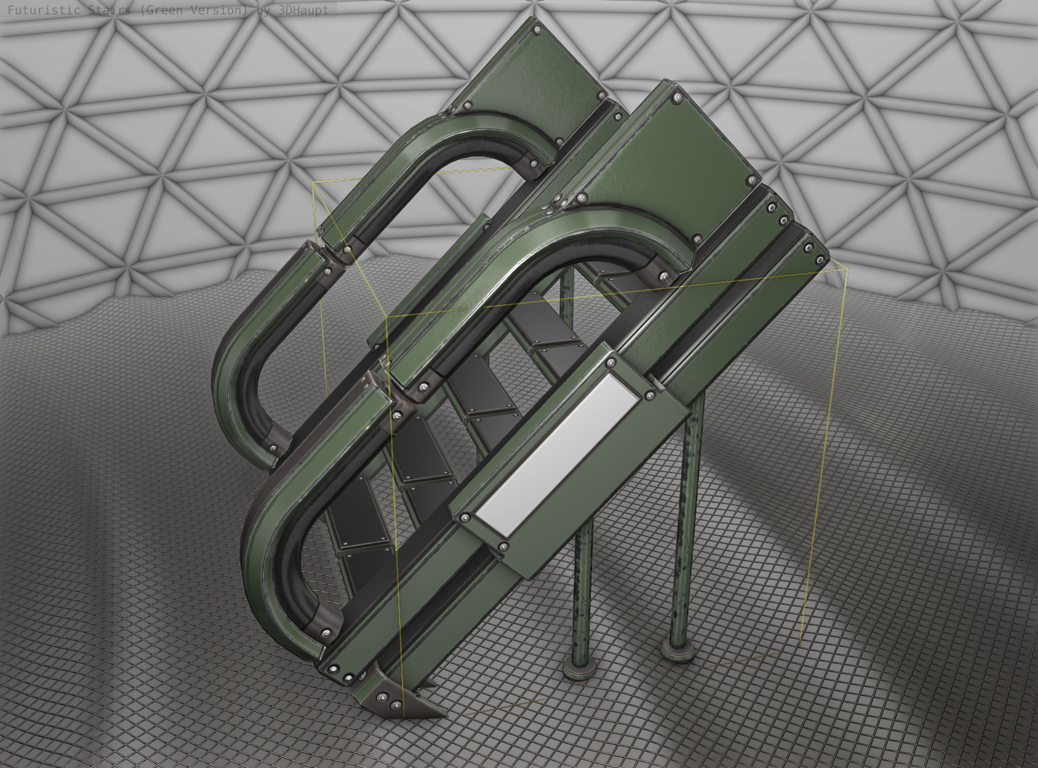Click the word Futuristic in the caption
pyautogui.click(x=44, y=10)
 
